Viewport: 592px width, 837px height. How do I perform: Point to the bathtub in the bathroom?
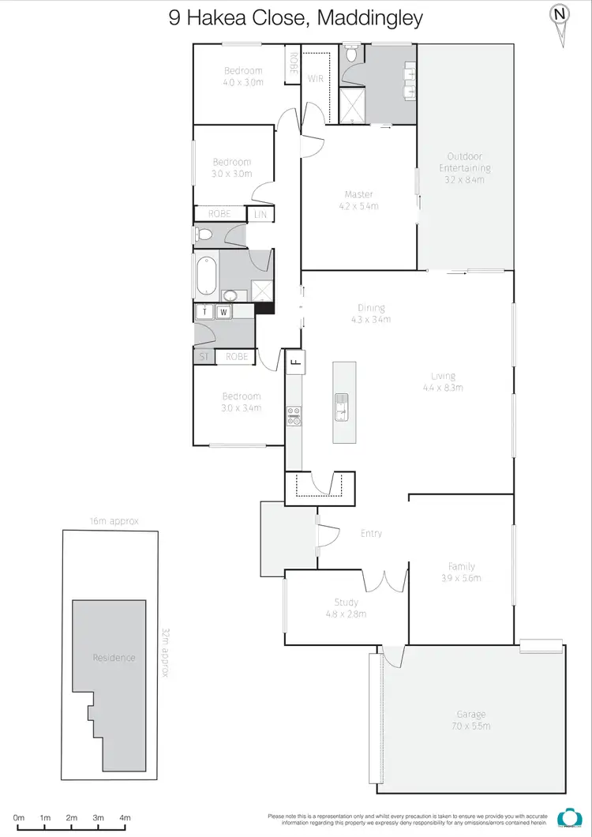(x=206, y=276)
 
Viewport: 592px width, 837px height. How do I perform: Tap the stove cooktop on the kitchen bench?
(x=294, y=415)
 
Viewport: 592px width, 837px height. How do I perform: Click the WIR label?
(x=316, y=79)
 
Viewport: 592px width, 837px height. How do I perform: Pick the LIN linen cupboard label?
(x=260, y=214)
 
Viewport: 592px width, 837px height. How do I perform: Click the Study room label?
(x=346, y=602)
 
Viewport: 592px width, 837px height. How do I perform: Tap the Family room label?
(x=461, y=566)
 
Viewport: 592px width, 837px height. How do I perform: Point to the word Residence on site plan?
(x=114, y=658)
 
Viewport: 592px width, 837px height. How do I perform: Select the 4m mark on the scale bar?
(x=125, y=818)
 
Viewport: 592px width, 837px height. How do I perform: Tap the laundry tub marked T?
(x=205, y=312)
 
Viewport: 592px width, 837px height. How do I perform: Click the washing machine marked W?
(x=223, y=312)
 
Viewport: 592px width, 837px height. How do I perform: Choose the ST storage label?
(x=204, y=357)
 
